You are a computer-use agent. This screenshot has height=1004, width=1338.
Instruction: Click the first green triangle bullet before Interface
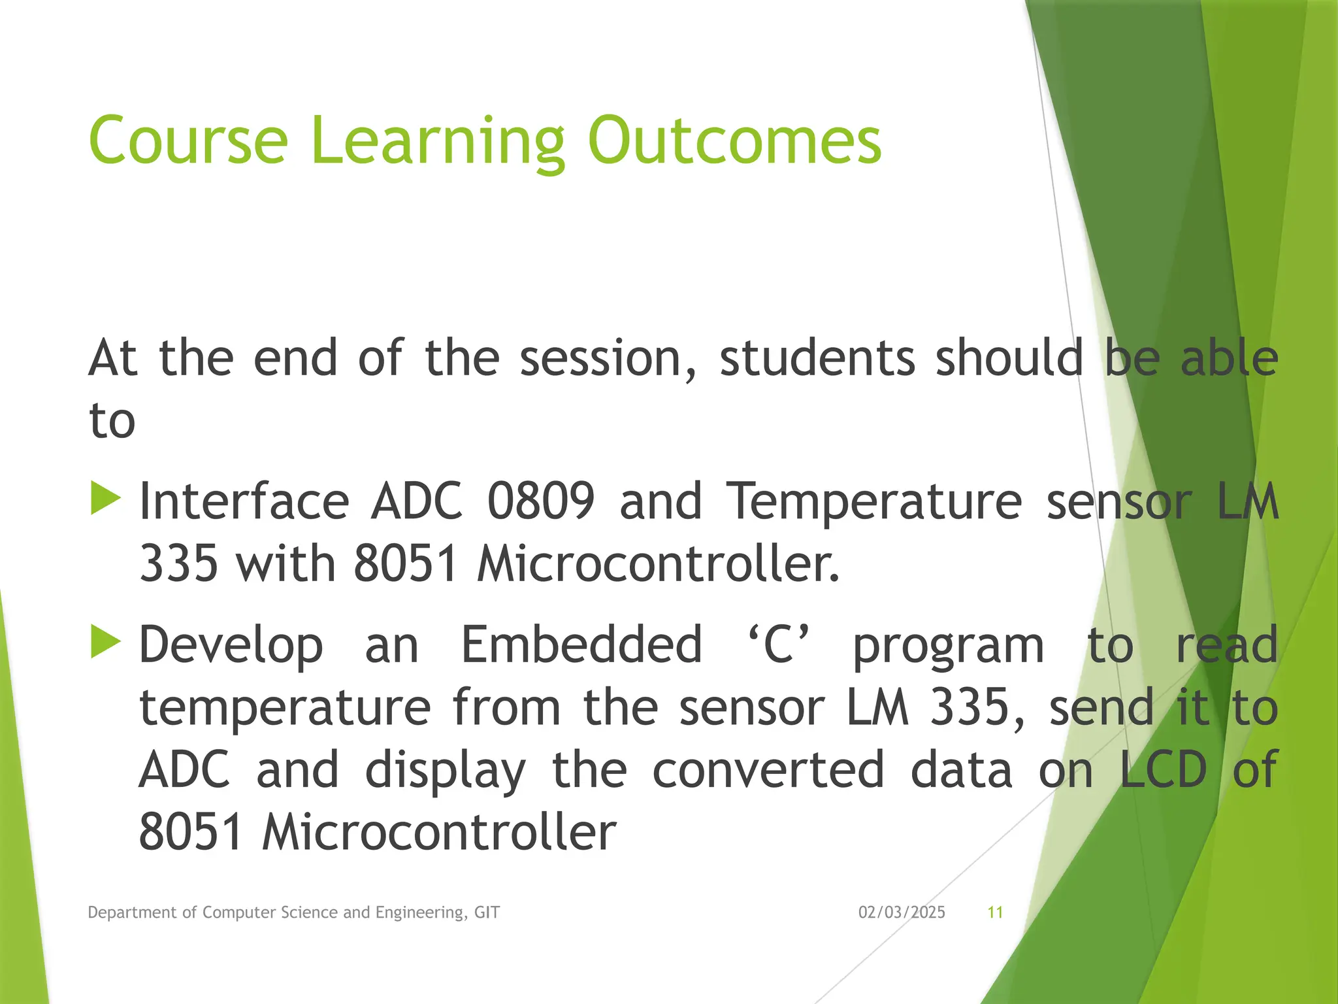coord(106,499)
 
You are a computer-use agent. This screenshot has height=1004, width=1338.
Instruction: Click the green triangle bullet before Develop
coord(106,642)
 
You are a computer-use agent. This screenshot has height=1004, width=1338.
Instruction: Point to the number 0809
coord(541,501)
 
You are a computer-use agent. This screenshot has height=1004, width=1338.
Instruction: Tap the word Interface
coord(244,501)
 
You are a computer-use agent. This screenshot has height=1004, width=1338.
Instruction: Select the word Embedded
coord(581,644)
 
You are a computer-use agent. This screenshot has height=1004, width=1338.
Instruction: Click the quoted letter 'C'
coord(777,644)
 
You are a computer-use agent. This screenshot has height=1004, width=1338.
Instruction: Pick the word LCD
coord(1163,770)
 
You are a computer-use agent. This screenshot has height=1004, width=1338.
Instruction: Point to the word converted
coord(768,770)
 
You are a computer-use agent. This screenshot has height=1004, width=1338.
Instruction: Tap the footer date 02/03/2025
coord(902,912)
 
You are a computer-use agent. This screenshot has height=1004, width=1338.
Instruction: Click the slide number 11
coord(995,912)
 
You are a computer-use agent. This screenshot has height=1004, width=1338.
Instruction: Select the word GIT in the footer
coord(487,912)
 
